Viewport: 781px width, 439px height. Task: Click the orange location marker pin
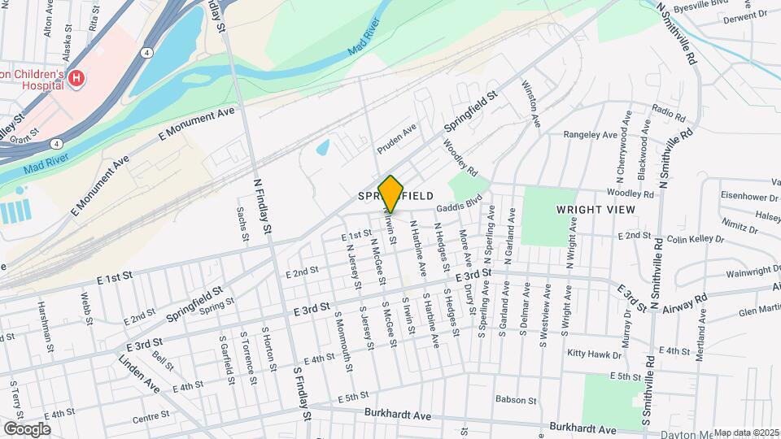[x=391, y=194]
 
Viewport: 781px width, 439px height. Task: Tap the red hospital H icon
[x=76, y=79]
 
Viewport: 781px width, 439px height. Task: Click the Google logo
[x=27, y=428]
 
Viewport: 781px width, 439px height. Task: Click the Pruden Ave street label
[x=397, y=140]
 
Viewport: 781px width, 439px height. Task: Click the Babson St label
[x=515, y=400]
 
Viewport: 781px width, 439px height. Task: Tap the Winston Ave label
[x=530, y=103]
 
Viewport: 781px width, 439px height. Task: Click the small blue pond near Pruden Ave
[x=323, y=148]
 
